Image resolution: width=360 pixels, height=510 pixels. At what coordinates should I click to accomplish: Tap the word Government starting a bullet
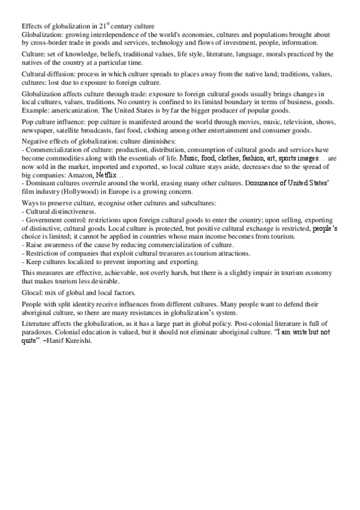point(44,221)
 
